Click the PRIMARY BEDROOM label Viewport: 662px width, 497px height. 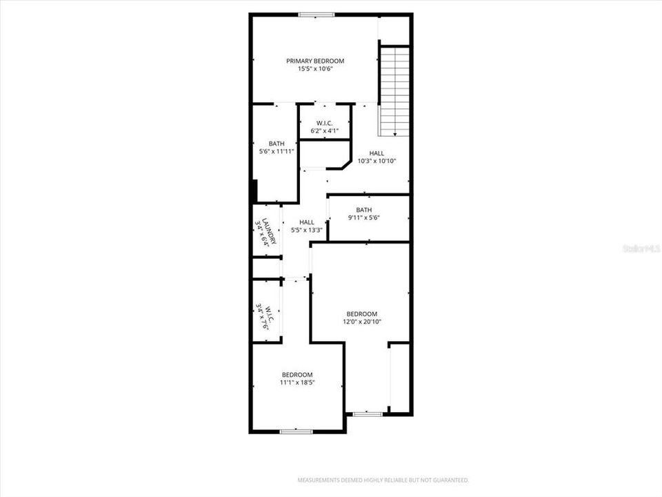[315, 61]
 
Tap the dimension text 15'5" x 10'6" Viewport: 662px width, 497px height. [315, 69]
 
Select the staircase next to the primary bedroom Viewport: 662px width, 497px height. [395, 90]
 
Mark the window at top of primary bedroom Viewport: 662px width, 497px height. [317, 14]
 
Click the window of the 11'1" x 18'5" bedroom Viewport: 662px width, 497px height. [297, 431]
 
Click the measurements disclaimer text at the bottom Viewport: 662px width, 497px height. [383, 480]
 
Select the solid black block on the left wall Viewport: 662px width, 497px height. [254, 191]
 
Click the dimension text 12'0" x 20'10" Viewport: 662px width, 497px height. [362, 322]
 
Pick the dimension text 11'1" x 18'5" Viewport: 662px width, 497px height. [297, 382]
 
